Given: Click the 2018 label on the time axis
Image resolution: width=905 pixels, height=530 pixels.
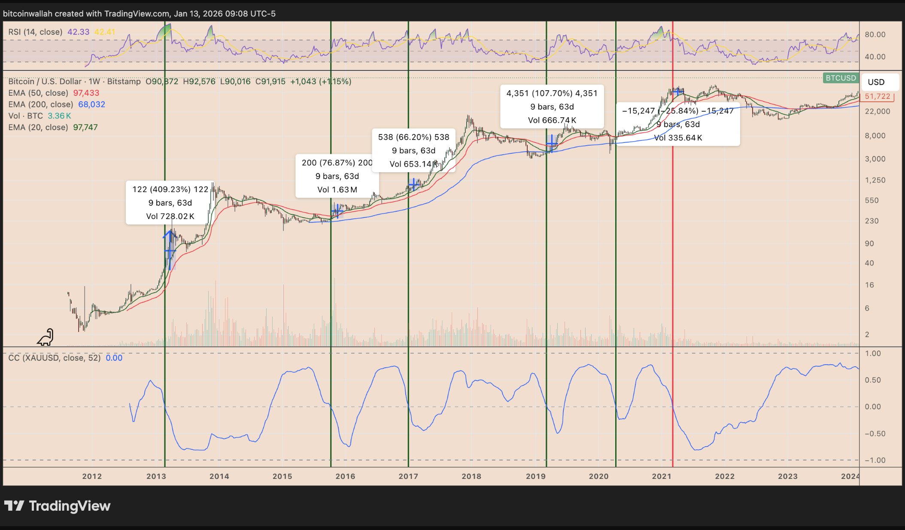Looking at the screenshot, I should (471, 476).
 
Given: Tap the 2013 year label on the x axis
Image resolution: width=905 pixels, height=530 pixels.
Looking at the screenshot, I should (156, 476).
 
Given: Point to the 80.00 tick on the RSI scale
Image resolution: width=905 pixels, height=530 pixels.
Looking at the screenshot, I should (875, 34).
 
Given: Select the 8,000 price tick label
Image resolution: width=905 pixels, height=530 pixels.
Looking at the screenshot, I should (875, 136).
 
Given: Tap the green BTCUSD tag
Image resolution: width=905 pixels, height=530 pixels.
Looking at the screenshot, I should (841, 78).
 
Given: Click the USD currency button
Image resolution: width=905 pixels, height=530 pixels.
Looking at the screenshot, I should (876, 82).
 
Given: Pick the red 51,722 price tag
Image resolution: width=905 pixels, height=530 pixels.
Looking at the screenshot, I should (877, 97).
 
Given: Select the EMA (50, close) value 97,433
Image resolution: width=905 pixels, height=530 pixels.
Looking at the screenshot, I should (86, 93).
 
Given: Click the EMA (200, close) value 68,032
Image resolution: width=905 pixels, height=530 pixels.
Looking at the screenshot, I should (91, 104).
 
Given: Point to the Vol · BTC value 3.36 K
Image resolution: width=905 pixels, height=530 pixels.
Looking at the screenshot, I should (59, 116).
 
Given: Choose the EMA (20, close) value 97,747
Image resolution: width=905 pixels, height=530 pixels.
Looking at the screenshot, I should (85, 128).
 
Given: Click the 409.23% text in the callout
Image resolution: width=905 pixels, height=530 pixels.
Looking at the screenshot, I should (170, 189).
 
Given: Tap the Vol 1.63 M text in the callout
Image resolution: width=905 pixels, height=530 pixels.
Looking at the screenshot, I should (337, 190).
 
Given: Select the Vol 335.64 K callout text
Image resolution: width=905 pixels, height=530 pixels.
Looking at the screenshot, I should (678, 138).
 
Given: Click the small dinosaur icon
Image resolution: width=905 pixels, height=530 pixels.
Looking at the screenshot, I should (46, 338).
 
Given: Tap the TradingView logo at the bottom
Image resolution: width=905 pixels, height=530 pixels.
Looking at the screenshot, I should (58, 506).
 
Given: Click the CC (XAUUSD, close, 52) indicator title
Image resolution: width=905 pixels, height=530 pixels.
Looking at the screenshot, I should (55, 358).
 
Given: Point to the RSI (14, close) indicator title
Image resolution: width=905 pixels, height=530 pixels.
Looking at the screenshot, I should (35, 32).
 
